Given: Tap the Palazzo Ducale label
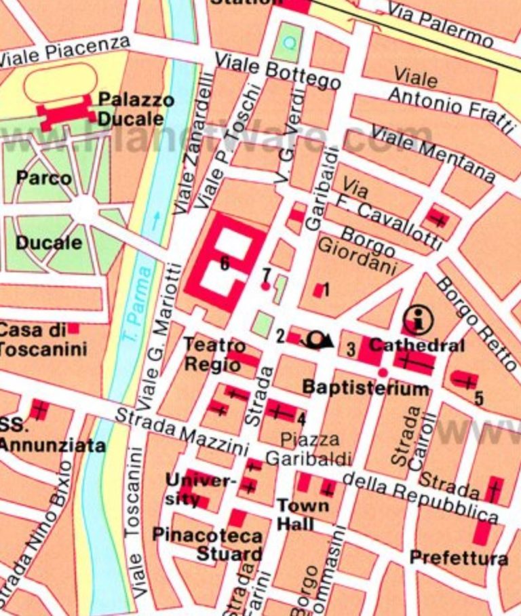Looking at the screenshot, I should [x=135, y=109].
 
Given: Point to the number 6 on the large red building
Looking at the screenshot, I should [x=224, y=263].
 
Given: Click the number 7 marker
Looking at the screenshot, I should [x=267, y=275].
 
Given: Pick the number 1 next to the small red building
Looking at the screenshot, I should [x=326, y=290].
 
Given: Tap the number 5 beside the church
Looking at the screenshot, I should [x=479, y=398].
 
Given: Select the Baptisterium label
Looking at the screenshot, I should [x=365, y=389].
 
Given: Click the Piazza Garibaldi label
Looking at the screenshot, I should [x=309, y=449].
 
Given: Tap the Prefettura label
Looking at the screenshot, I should [x=458, y=558].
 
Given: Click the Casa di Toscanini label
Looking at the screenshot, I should [x=42, y=340].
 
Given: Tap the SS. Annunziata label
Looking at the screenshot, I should [x=51, y=436].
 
